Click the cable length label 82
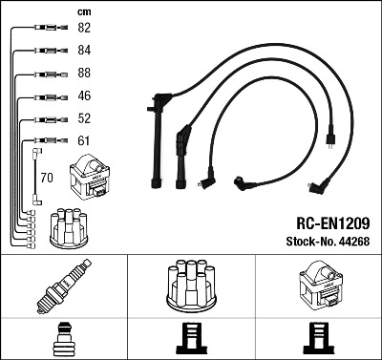click(84, 28)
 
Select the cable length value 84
click(84, 51)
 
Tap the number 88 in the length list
click(84, 73)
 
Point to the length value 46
click(84, 95)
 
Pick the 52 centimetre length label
click(84, 118)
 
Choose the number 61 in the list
click(84, 140)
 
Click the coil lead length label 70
click(47, 178)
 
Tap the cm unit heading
click(84, 12)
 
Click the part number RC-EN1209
click(333, 223)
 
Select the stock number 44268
click(354, 242)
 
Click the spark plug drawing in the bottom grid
click(64, 286)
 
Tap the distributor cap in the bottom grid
click(191, 286)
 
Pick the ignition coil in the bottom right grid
click(321, 286)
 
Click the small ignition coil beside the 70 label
click(90, 177)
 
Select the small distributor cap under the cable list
click(69, 228)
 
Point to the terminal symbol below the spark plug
click(64, 339)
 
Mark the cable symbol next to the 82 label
click(51, 28)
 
